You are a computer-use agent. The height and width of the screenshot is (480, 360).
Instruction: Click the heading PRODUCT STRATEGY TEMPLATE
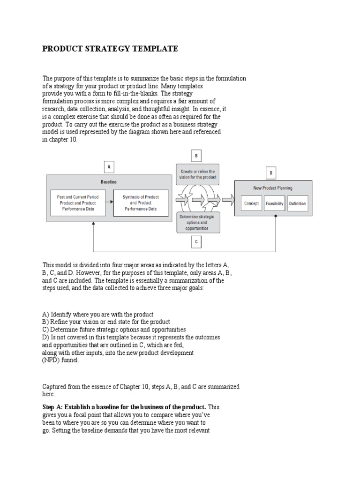(110, 49)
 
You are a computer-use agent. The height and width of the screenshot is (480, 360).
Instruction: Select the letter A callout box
(109, 166)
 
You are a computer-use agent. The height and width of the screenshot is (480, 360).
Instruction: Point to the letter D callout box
(270, 173)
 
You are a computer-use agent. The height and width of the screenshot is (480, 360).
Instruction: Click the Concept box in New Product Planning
(251, 203)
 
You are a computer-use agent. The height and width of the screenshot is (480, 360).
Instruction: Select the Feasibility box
(275, 203)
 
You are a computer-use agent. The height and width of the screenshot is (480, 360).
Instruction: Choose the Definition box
(298, 203)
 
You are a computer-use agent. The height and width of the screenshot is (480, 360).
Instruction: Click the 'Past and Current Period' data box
(78, 203)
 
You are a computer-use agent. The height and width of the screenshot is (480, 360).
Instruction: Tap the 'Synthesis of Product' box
(141, 203)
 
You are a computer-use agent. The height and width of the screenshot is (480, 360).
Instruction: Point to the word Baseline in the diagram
(109, 181)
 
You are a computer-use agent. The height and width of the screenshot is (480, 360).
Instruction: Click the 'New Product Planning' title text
(273, 188)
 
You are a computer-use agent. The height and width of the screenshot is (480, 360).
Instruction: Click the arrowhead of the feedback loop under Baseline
(94, 225)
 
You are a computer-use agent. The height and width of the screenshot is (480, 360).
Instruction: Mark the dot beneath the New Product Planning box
(275, 216)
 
